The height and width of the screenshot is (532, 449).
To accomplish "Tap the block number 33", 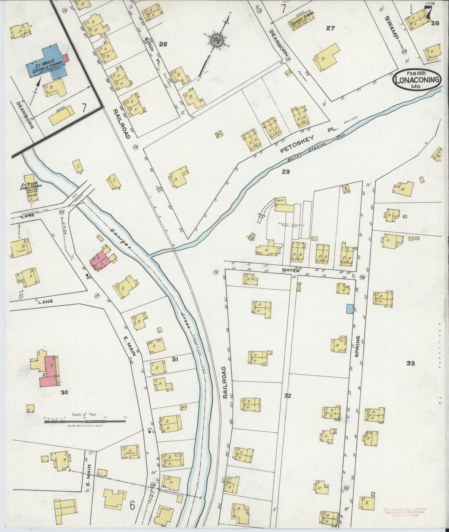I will (x=410, y=363).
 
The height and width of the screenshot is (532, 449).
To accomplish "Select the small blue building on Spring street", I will (x=349, y=309).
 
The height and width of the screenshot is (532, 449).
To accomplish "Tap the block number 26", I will (x=163, y=44).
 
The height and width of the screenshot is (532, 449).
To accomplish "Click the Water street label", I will (x=288, y=270).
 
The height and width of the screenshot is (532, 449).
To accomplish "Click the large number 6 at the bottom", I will (x=132, y=506).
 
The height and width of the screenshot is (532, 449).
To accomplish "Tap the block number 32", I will (x=287, y=396).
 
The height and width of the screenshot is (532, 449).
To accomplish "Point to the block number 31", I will (x=175, y=359).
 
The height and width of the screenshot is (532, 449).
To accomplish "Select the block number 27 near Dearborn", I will (x=330, y=28).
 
